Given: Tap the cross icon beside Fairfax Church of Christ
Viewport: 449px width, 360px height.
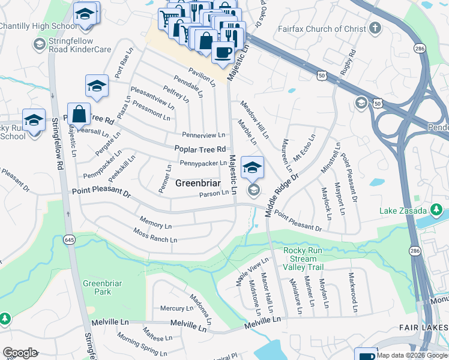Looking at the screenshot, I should [x=375, y=28].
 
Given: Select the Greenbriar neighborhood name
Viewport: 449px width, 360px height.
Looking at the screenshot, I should [x=199, y=183].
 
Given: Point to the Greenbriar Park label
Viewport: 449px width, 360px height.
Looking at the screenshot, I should [x=97, y=287].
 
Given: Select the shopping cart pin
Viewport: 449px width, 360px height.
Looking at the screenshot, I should [x=169, y=19].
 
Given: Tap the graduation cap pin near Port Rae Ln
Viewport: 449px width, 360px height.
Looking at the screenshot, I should [x=96, y=87].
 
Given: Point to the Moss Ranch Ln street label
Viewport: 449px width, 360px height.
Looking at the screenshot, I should [x=155, y=235].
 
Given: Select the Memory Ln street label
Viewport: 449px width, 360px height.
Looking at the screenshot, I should [x=151, y=223].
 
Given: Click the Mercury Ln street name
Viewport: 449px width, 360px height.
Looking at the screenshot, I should [x=176, y=308].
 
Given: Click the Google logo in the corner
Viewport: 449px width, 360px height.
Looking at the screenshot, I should [x=20, y=353].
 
